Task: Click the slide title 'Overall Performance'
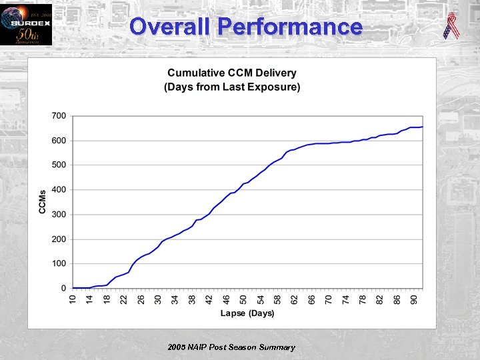(x=246, y=27)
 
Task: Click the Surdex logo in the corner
(x=26, y=24)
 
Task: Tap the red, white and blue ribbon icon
(x=451, y=26)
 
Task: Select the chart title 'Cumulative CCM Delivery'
(x=232, y=73)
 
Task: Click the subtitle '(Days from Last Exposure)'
(x=232, y=87)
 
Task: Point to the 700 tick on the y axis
(x=59, y=116)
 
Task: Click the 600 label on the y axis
(x=59, y=141)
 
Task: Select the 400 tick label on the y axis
(x=59, y=190)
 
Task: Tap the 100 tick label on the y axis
(x=59, y=264)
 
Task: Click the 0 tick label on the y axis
(x=63, y=289)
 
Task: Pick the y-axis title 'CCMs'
(x=42, y=202)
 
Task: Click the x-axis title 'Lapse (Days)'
(x=247, y=313)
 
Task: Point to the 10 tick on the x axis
(x=73, y=299)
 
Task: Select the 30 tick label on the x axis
(x=158, y=299)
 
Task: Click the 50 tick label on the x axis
(x=243, y=299)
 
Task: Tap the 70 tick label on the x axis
(x=329, y=299)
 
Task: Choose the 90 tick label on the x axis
(x=414, y=299)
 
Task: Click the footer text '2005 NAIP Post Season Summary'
(x=231, y=347)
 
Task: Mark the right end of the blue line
(x=422, y=127)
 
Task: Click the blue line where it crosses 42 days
(x=209, y=213)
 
